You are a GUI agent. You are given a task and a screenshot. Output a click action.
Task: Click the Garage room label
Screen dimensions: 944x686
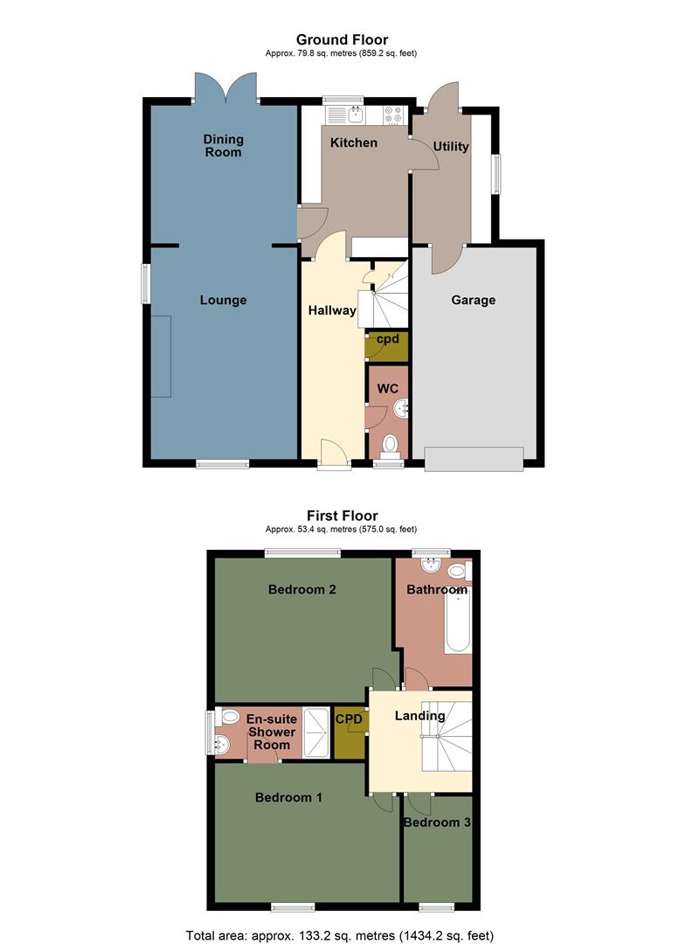[473, 300]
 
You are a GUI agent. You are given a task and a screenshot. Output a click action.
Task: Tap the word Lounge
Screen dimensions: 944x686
[223, 300]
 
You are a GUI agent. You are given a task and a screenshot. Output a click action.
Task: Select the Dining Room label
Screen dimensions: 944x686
[223, 145]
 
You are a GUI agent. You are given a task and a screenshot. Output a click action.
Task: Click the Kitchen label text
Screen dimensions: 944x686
[353, 142]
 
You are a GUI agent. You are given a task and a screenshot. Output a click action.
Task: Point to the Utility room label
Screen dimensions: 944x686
[451, 147]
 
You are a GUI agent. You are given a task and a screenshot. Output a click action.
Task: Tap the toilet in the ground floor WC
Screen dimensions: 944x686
[390, 445]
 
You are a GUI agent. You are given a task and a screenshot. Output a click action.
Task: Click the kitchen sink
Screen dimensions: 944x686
[355, 114]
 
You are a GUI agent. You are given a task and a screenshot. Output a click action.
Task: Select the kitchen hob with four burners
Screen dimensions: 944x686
[392, 114]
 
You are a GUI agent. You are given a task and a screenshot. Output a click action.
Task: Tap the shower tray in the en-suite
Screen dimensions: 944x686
[316, 731]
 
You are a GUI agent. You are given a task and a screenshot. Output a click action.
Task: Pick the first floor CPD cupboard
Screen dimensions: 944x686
[350, 732]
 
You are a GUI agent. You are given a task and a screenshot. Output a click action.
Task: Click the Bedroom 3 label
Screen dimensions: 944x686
[437, 823]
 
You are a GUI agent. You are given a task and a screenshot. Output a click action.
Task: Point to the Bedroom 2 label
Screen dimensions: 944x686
[302, 589]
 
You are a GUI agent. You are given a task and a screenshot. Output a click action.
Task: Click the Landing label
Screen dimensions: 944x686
[419, 716]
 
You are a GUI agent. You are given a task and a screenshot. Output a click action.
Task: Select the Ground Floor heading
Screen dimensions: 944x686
[342, 39]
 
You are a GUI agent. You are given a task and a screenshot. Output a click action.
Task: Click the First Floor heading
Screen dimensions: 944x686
[342, 516]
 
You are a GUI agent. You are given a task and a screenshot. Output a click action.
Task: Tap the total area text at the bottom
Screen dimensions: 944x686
[341, 934]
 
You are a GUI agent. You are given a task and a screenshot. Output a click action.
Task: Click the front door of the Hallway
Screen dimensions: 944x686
[332, 454]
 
